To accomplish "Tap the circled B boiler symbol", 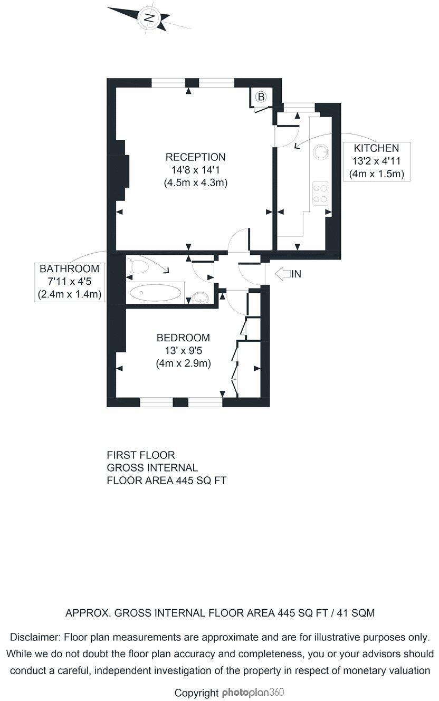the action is [261, 97].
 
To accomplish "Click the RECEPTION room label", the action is [195, 157].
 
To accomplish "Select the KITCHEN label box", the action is [376, 161].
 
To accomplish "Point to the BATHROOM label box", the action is [69, 282].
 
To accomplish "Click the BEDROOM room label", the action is [183, 338].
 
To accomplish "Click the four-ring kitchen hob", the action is [320, 194].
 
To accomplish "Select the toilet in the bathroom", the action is [137, 266].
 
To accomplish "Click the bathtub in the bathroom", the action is [155, 293].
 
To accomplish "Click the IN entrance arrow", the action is [283, 274].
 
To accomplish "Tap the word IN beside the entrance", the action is [296, 274].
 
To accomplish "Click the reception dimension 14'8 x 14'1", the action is [195, 170].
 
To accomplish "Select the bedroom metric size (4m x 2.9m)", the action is [183, 363].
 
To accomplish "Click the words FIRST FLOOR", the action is [140, 455].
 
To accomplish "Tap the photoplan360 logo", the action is [253, 692].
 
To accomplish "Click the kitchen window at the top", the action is [299, 108].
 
